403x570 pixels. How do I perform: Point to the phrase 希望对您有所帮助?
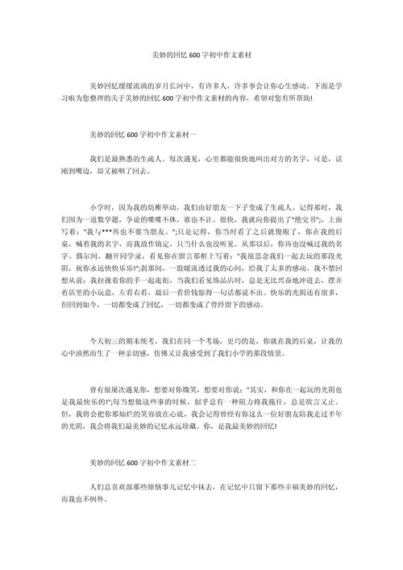tap(289, 98)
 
